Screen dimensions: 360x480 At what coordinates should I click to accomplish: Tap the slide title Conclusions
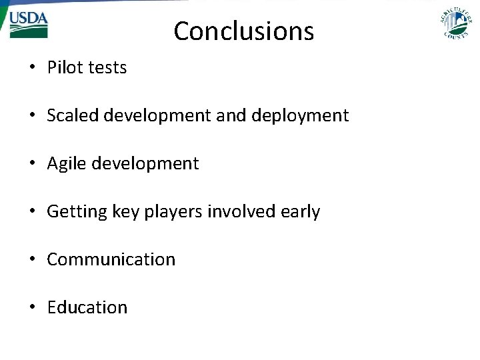click(243, 31)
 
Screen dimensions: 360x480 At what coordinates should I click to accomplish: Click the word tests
click(106, 67)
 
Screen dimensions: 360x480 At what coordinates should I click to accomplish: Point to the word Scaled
click(72, 115)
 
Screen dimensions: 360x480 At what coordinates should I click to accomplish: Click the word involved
click(241, 211)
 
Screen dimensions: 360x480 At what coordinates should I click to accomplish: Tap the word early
click(301, 212)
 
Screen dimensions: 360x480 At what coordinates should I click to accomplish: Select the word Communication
click(111, 259)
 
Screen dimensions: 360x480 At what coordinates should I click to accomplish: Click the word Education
click(87, 307)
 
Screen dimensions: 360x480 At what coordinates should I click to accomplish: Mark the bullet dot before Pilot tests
click(32, 68)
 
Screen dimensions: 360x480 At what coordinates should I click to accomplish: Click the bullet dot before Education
click(32, 308)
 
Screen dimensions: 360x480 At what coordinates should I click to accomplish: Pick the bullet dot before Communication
click(32, 260)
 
